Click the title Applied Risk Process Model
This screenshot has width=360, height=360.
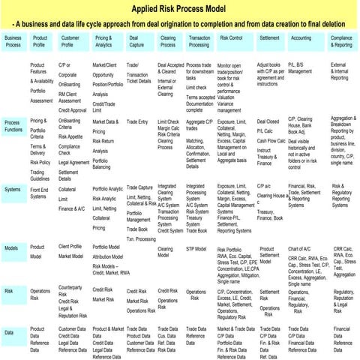tap(180, 10)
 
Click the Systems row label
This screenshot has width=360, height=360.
tap(13, 189)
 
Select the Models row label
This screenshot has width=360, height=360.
tap(11, 247)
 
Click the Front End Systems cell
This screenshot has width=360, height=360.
tap(41, 193)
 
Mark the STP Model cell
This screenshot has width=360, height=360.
tap(196, 247)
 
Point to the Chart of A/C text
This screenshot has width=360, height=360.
tap(299, 248)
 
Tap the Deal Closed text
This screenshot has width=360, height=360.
tap(268, 121)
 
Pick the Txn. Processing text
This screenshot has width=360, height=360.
tap(140, 238)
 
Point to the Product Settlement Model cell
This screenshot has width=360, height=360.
tap(270, 253)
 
